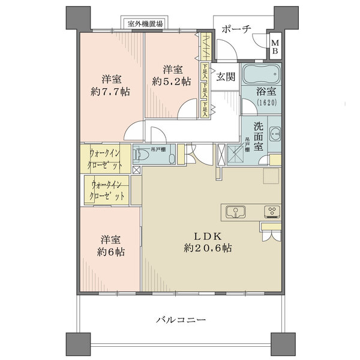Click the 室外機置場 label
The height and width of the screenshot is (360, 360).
[x=146, y=24]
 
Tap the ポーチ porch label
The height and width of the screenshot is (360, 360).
[x=236, y=29]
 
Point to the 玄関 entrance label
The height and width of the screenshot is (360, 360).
[x=226, y=76]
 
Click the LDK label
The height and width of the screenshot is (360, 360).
[x=208, y=235]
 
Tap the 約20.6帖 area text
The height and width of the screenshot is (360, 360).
[x=208, y=248]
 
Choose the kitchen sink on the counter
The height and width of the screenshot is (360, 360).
[x=235, y=211]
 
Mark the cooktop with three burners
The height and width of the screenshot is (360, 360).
[x=272, y=211]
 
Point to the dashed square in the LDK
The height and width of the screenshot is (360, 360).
[x=271, y=177]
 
